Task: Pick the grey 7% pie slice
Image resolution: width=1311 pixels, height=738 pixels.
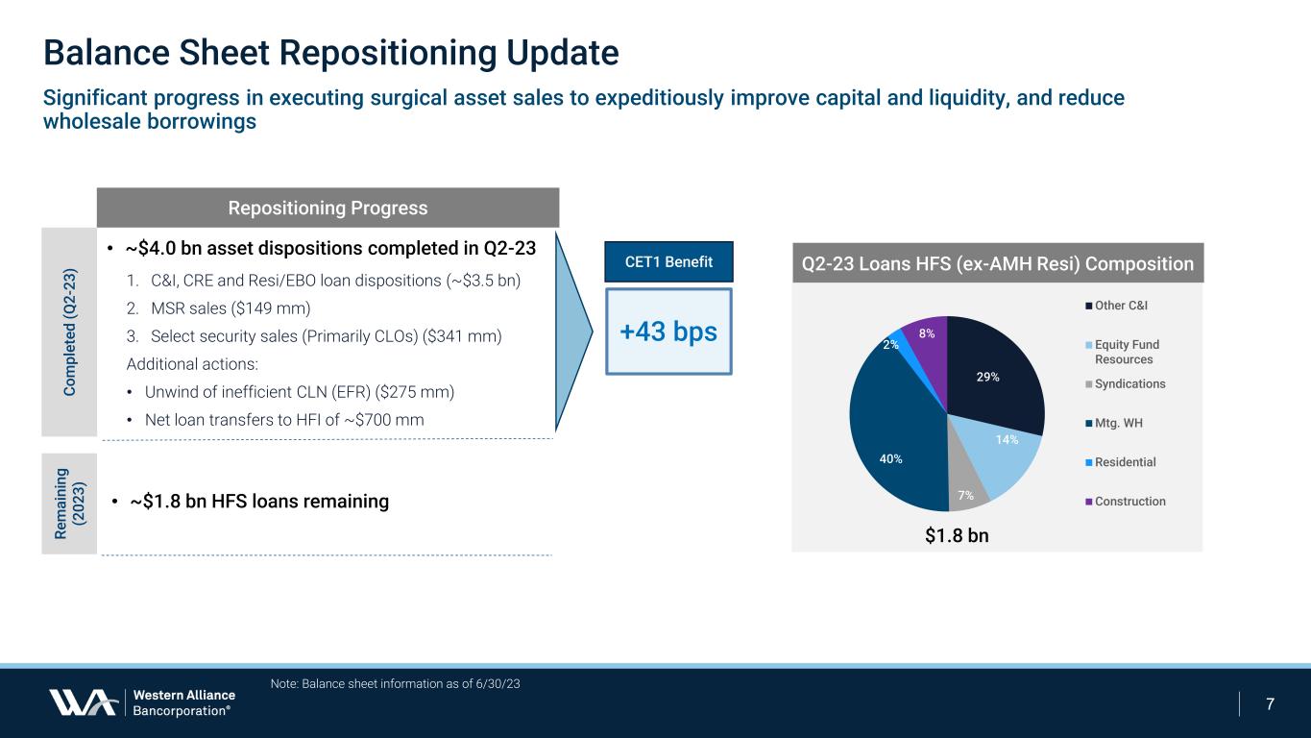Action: [x=965, y=488]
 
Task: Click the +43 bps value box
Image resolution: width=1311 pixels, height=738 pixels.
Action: [x=668, y=332]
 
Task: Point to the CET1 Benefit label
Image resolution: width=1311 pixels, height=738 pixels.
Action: [x=668, y=261]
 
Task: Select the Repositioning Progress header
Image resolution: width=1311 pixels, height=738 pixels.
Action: [x=328, y=209]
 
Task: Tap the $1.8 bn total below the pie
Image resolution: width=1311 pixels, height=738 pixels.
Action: [x=957, y=536]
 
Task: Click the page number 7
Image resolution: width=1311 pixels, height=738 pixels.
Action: [x=1270, y=704]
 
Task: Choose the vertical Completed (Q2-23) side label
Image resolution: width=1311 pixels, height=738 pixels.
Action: [x=69, y=332]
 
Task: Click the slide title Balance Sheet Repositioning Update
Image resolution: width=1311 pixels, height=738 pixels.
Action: [x=330, y=53]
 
